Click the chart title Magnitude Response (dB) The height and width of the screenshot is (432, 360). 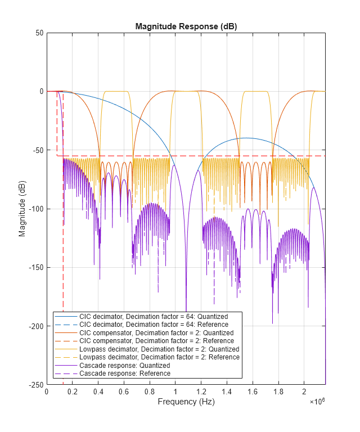coord(186,27)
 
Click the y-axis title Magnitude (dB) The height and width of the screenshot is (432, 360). coord(22,209)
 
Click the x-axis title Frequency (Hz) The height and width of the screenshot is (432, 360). coord(186,402)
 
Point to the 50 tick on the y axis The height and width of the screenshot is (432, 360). coord(40,33)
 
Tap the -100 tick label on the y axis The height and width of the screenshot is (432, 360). coord(37,209)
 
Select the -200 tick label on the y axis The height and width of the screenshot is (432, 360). coord(37,326)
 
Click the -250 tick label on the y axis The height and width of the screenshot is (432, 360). coord(37,385)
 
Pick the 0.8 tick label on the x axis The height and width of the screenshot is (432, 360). coord(150,391)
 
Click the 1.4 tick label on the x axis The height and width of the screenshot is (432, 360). coord(227,391)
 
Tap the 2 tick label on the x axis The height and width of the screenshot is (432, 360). coord(304,391)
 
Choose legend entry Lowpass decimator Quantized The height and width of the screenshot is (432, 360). coord(159,349)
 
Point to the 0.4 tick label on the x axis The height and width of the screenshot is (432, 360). coord(98,391)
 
